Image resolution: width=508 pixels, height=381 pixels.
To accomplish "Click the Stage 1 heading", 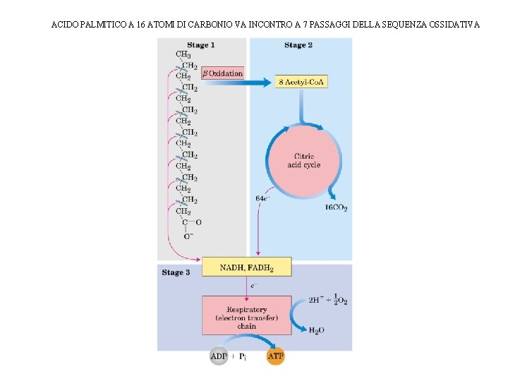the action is [x=200, y=45].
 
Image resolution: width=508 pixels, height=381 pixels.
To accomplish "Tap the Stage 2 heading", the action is [x=298, y=45].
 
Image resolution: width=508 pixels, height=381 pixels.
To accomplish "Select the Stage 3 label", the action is [x=176, y=272].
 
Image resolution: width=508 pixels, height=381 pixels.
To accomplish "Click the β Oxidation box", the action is [x=222, y=73].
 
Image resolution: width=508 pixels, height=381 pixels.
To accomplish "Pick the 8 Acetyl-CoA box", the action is [x=302, y=83].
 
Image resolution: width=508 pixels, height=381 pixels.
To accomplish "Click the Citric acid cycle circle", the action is [x=303, y=160].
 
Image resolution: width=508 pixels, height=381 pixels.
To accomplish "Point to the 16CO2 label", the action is [x=336, y=207].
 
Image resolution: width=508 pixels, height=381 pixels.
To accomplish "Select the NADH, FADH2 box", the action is [x=246, y=267].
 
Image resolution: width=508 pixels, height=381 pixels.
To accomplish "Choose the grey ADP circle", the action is [x=219, y=356].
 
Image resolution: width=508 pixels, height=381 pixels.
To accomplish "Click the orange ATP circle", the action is [x=275, y=356].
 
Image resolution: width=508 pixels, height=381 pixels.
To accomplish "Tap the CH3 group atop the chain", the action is [x=183, y=54].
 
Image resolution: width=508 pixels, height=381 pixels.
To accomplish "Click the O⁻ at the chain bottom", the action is [x=188, y=236].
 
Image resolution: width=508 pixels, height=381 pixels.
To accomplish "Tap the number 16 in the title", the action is [x=141, y=25].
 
